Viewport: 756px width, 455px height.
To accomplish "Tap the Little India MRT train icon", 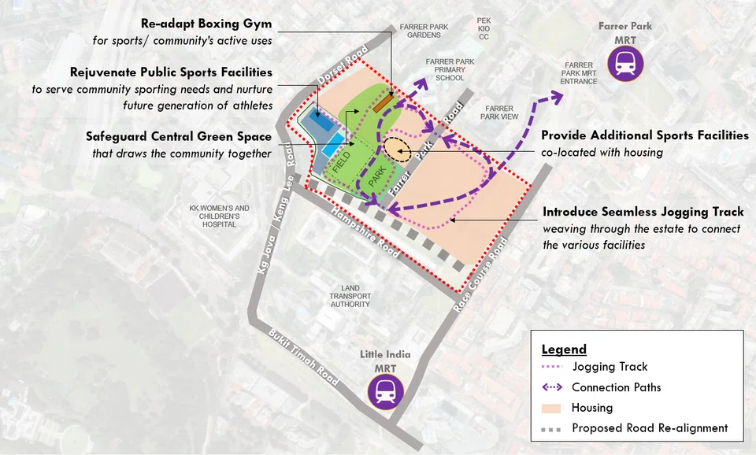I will [x=385, y=391].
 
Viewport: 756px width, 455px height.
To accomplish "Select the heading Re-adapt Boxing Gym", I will [x=206, y=24].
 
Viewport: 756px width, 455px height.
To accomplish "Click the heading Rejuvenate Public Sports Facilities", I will [x=171, y=72].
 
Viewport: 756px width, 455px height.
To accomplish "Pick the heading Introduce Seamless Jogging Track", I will [x=643, y=212].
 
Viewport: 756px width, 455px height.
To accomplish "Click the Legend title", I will [x=564, y=350].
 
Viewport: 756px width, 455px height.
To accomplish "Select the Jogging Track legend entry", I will [x=610, y=367].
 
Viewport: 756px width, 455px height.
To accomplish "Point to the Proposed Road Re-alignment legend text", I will [x=650, y=428].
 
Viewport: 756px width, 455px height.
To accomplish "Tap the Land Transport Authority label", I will [x=350, y=296].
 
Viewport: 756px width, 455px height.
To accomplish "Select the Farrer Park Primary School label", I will [x=450, y=69].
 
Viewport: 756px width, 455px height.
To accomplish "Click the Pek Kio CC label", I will [x=484, y=28].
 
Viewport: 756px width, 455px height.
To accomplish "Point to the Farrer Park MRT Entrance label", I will [x=579, y=73].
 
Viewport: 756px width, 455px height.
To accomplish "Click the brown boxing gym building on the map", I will [x=382, y=102].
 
